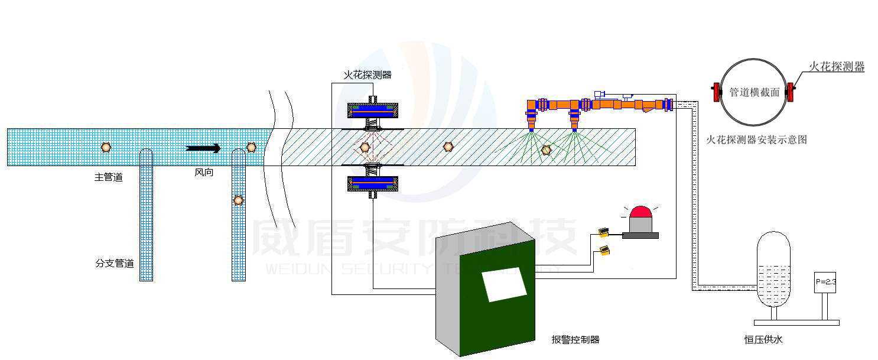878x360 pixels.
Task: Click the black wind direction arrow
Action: [203, 148]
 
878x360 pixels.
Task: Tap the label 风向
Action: [204, 173]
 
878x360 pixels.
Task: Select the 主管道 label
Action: [109, 177]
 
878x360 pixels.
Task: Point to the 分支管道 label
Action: [115, 263]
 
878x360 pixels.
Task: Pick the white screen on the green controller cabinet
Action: [504, 284]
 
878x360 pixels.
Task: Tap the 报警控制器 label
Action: [575, 339]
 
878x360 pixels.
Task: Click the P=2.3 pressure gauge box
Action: [825, 282]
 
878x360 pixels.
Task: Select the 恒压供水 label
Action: [763, 339]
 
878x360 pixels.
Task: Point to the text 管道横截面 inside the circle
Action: [755, 92]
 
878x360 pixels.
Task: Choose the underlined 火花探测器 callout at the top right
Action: [836, 67]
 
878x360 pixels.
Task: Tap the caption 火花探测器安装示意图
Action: [757, 140]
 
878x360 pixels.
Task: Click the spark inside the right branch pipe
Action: [238, 200]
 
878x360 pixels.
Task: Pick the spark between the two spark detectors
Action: [365, 146]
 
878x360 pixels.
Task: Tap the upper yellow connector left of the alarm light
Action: [603, 232]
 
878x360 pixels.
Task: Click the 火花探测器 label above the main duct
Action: [368, 75]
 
